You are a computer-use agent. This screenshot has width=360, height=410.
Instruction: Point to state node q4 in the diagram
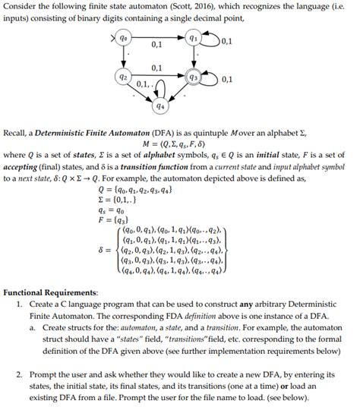click(160, 106)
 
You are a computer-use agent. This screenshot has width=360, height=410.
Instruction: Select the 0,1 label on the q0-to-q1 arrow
click(157, 46)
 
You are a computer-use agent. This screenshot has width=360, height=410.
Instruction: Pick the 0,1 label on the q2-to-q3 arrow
click(157, 69)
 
